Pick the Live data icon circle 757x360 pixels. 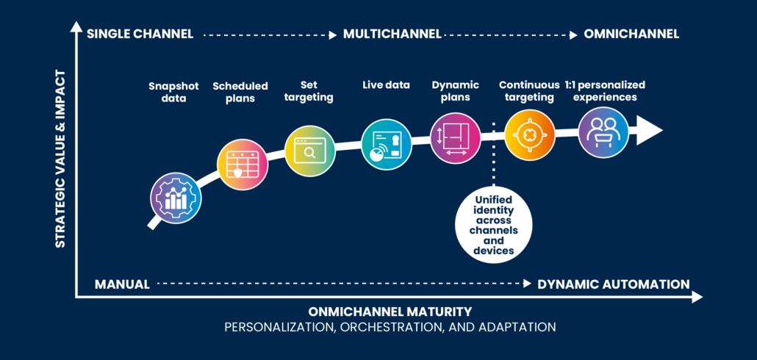point(385,143)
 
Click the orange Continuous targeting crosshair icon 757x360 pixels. point(530,134)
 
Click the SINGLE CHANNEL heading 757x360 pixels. point(140,34)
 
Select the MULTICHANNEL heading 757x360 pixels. point(392,34)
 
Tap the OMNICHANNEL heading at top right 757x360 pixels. point(631,34)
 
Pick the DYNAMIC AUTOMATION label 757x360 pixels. point(613,284)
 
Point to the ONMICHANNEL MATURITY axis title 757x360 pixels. point(390,311)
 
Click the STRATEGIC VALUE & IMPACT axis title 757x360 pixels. point(62,159)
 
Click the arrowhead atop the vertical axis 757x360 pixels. point(76,28)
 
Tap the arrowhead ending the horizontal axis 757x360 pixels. point(696,297)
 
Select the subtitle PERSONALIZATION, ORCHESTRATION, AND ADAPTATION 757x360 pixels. point(390,326)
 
